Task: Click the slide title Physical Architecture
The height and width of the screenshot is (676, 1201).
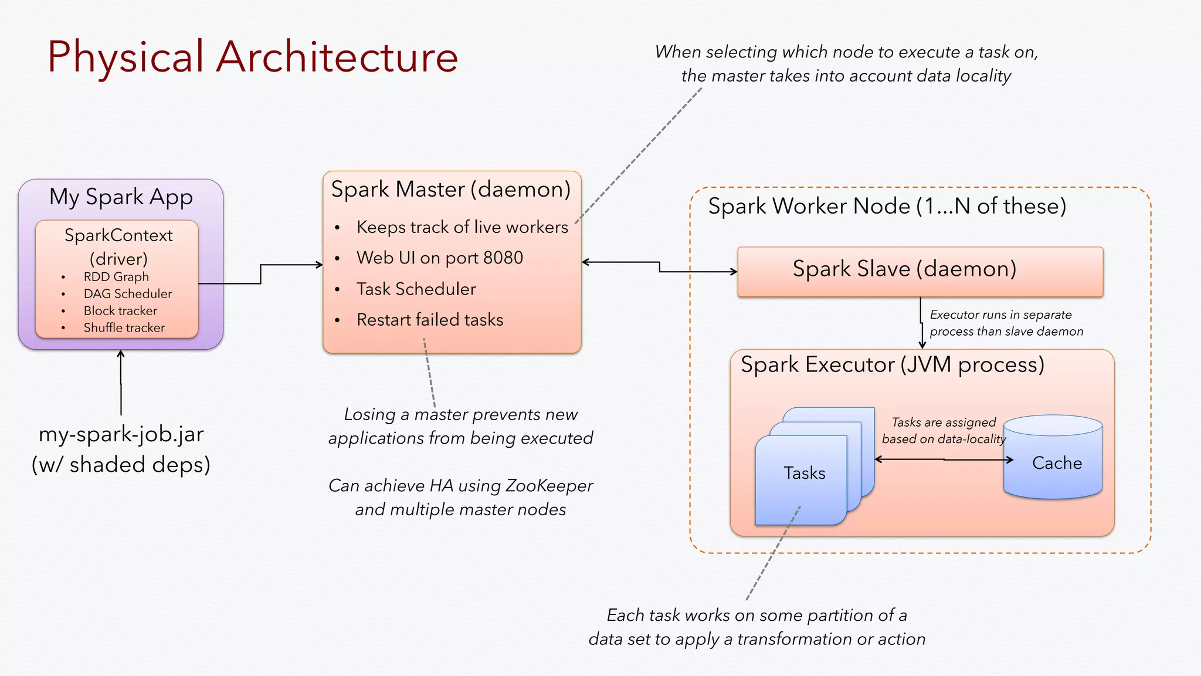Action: click(x=252, y=57)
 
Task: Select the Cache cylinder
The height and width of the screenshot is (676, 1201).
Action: click(x=1053, y=464)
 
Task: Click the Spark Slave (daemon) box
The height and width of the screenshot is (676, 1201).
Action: click(x=920, y=271)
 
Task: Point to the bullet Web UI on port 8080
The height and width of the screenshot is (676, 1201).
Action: click(x=439, y=258)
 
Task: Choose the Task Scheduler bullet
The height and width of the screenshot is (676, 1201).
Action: click(x=416, y=289)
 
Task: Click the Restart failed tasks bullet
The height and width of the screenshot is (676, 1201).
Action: click(x=429, y=320)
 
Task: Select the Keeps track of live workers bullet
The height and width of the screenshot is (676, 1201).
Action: click(x=462, y=228)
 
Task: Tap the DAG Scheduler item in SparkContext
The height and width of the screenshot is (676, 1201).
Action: click(x=127, y=294)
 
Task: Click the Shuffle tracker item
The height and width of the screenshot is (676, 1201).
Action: click(x=124, y=328)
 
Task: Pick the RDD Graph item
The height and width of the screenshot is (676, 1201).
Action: click(x=116, y=277)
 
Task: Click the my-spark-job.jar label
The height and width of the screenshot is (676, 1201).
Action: click(x=121, y=435)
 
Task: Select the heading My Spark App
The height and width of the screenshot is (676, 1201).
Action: click(x=121, y=197)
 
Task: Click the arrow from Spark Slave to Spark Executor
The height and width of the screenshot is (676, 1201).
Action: click(x=922, y=323)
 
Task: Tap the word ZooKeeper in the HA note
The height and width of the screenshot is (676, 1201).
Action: click(x=548, y=486)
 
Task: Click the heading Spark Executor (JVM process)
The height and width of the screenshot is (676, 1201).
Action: click(x=892, y=365)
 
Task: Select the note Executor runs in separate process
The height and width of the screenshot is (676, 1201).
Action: click(x=1005, y=323)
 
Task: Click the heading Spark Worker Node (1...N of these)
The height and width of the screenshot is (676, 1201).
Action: click(x=887, y=207)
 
